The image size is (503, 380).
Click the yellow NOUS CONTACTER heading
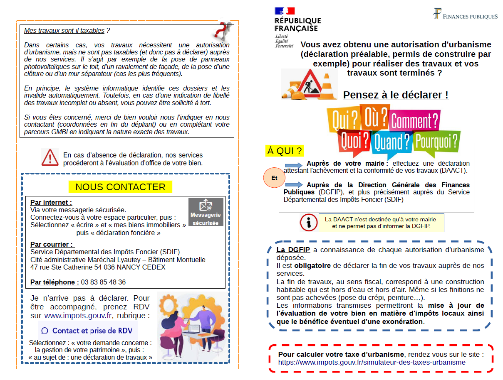pos(120,187)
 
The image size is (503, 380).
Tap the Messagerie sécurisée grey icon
pos(206,212)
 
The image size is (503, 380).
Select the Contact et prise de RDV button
pos(88,331)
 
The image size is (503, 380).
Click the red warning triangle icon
pos(50,157)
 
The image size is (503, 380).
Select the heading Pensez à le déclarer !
pos(396,95)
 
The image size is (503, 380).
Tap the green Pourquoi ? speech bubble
pos(437,141)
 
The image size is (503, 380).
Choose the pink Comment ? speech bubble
pos(414,120)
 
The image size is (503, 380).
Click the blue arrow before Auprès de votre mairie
pos(294,165)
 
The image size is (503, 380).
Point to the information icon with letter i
pos(308,223)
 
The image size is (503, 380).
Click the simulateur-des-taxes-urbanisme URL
pos(372,362)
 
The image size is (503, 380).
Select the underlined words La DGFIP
pos(293,250)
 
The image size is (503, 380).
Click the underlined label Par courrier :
pos(52,244)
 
